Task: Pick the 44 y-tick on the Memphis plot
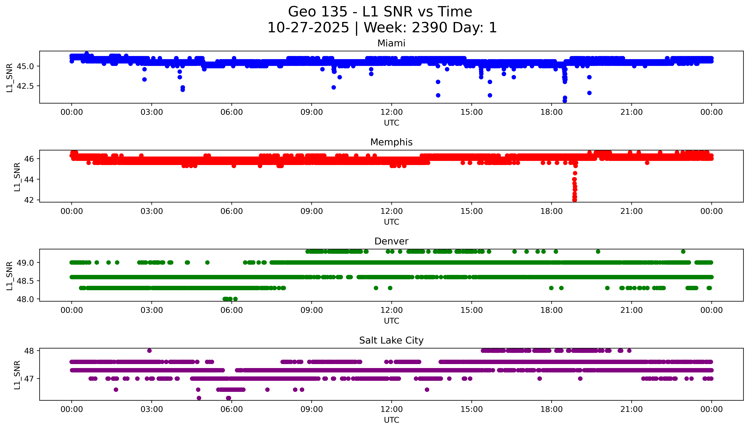pos(30,179)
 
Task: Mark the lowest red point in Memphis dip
pos(574,200)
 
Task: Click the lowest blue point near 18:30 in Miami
pos(565,101)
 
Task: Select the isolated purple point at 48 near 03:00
pos(149,351)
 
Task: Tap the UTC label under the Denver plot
pos(391,321)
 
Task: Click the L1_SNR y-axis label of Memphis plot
pos(17,177)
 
